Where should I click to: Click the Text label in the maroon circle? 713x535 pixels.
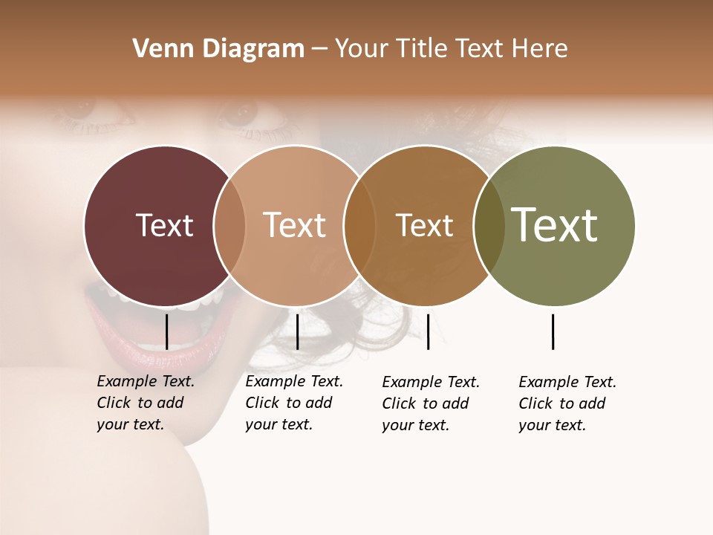point(164,225)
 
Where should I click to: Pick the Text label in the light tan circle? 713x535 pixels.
point(294,225)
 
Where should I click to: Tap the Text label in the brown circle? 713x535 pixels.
point(424,225)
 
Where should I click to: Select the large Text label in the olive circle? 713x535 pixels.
point(554,225)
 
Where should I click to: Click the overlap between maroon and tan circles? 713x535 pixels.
point(229,225)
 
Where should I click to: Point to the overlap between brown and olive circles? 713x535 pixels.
point(489,225)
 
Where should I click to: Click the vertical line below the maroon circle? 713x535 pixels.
point(166,331)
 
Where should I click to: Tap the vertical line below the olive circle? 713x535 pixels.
point(553,331)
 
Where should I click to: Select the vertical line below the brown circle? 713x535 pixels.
point(428,331)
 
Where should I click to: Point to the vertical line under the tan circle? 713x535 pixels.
point(297,331)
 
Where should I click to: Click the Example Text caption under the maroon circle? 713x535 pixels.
point(146,403)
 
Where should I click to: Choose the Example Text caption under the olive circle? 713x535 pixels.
point(567,403)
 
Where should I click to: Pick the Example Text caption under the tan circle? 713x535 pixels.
point(294,403)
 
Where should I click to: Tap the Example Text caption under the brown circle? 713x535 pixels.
point(431,403)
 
